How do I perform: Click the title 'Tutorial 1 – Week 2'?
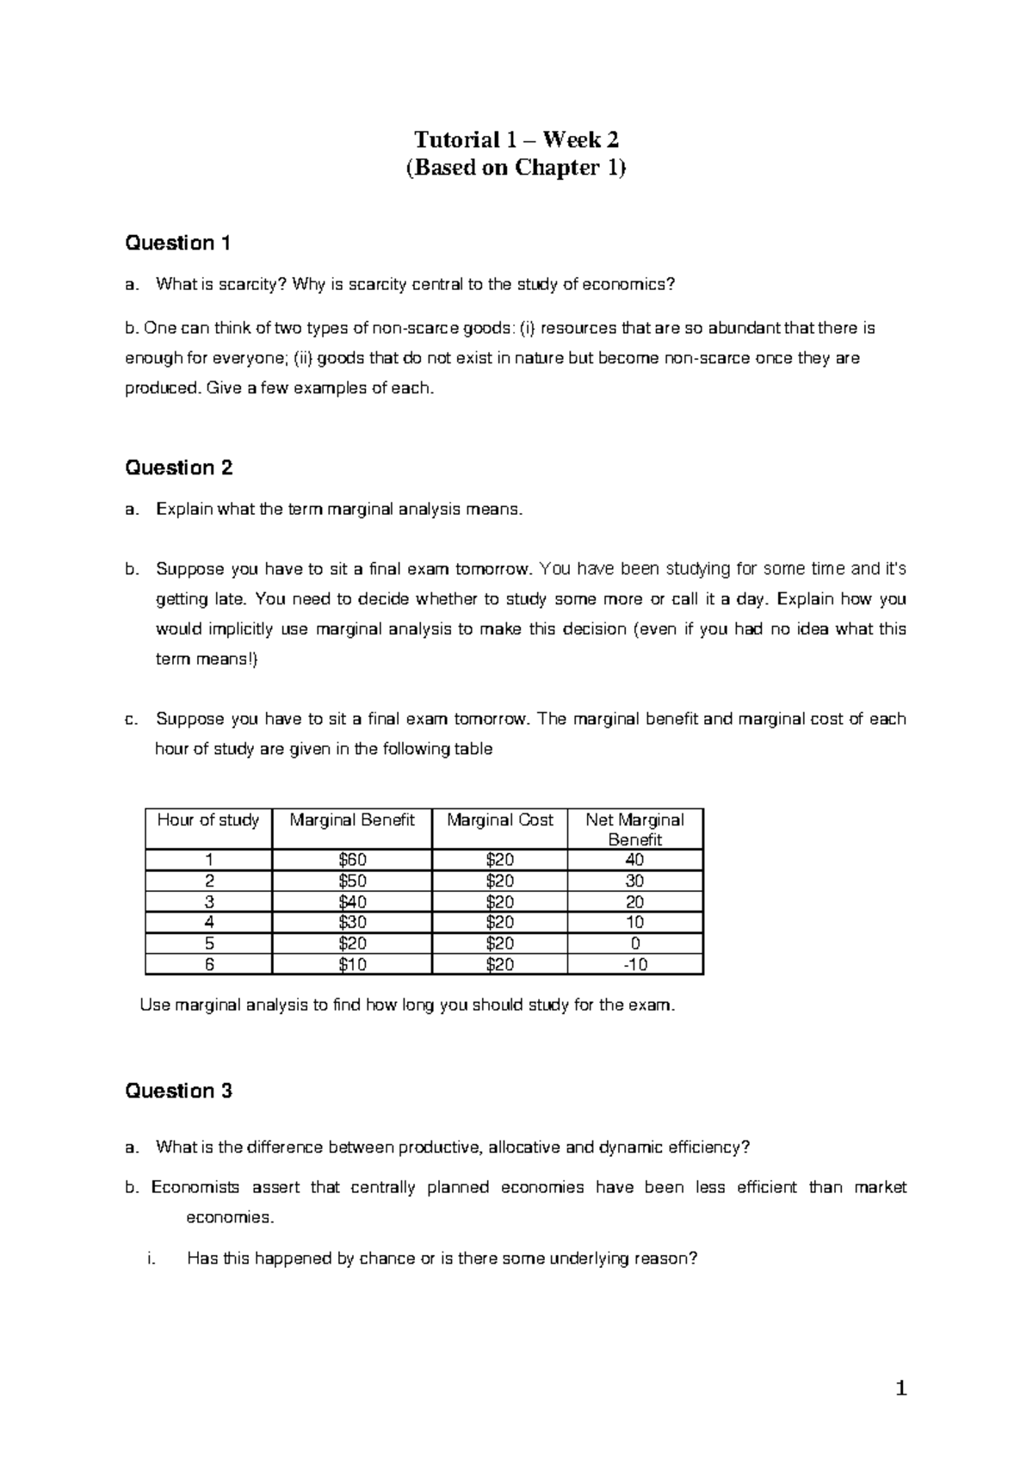point(516,139)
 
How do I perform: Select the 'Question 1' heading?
point(177,244)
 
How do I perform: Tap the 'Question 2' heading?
point(178,468)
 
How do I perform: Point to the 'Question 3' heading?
point(178,1092)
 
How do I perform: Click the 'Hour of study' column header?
point(208,820)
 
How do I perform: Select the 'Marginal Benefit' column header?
point(352,820)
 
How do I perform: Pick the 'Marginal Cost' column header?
point(499,820)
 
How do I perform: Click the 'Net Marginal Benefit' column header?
point(635,830)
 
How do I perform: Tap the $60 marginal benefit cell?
point(352,860)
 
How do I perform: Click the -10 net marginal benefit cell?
point(635,965)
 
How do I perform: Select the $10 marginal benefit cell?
point(352,965)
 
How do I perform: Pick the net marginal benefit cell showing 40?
point(635,860)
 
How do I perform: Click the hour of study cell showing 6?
point(208,965)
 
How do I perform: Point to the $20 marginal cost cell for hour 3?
point(499,902)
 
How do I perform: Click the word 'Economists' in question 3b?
point(195,1188)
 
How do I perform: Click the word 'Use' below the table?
point(155,1005)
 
